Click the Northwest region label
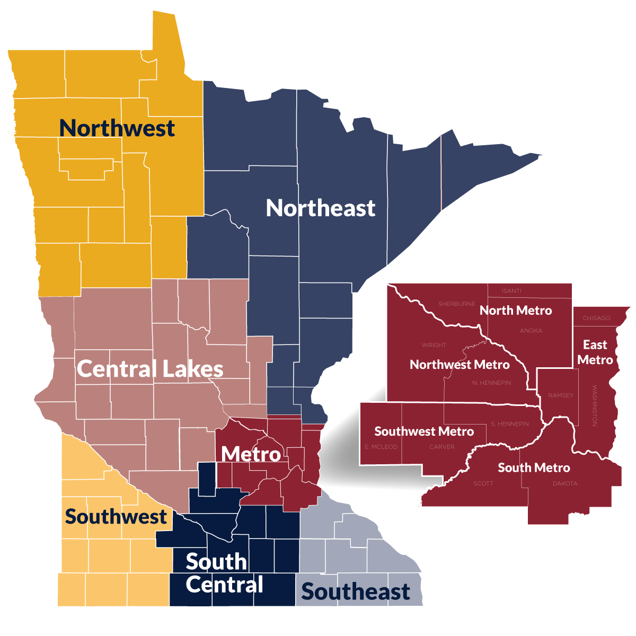(x=117, y=128)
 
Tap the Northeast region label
(x=321, y=208)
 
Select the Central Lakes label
(x=150, y=369)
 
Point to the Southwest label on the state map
(x=116, y=517)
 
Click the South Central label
(x=224, y=573)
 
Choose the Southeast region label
(x=356, y=592)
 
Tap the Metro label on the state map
(x=251, y=454)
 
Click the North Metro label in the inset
(x=516, y=311)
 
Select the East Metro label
(x=595, y=352)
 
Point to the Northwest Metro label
(x=460, y=365)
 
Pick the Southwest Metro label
(x=424, y=431)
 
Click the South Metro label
(x=534, y=467)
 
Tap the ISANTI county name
(x=511, y=291)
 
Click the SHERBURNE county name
(x=456, y=304)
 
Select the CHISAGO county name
(x=596, y=319)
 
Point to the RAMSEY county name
(x=561, y=395)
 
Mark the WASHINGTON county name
(x=594, y=405)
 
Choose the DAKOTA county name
(x=565, y=483)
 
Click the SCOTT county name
(x=483, y=483)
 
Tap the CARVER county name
(x=442, y=447)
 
